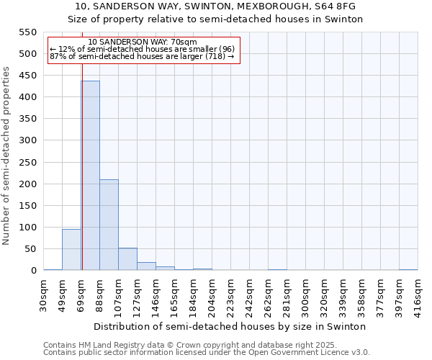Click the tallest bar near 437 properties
point(90,176)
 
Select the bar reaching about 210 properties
point(109,225)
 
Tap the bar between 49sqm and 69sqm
point(71,249)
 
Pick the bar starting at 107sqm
point(127,259)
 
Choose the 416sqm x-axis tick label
point(418,294)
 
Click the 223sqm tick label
point(231,294)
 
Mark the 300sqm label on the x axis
point(306,294)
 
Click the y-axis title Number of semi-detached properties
point(6,156)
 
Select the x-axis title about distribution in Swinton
point(230,326)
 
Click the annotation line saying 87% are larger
point(142,56)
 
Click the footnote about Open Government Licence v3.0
point(207,353)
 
